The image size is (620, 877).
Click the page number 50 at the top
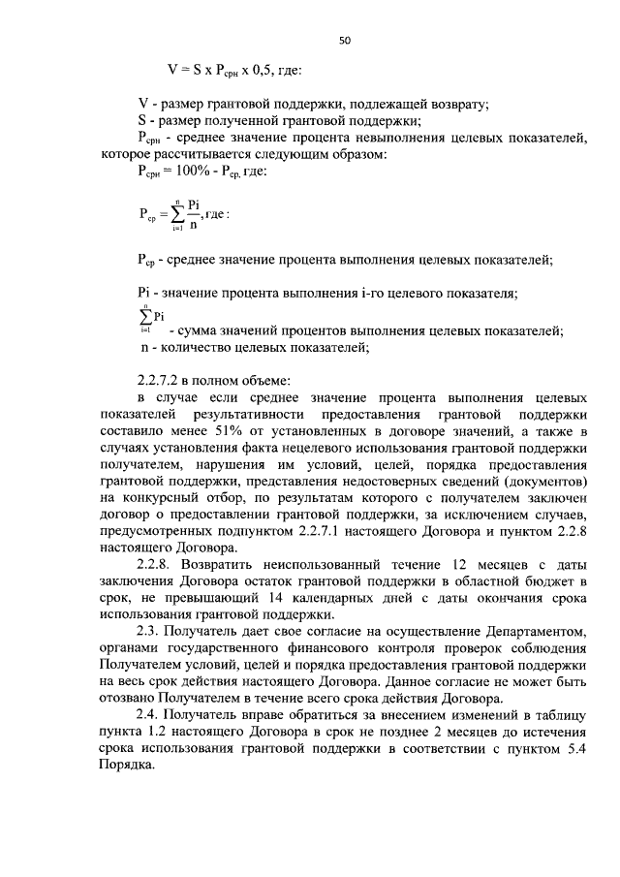point(344,41)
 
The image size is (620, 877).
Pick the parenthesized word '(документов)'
point(543,482)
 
